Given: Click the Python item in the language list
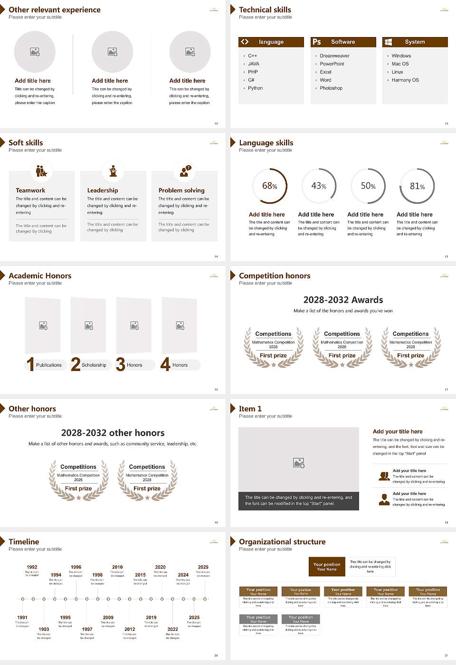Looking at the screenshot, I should (x=255, y=88).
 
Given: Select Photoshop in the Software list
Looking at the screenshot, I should (x=331, y=88).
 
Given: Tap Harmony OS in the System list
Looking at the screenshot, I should (x=405, y=80).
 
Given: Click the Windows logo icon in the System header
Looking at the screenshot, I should (x=388, y=42).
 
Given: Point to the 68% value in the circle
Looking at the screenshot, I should (x=269, y=186).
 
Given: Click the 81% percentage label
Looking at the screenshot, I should (x=417, y=186).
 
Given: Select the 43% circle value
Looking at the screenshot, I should (x=318, y=186).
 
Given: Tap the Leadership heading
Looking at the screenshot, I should (x=103, y=190).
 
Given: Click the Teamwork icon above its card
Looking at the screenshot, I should (x=41, y=171).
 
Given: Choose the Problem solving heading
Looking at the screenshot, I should (x=181, y=190).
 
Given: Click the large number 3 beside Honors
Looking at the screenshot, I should (x=121, y=364).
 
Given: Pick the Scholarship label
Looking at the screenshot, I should (x=94, y=365).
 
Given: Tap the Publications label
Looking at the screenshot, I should (x=49, y=365).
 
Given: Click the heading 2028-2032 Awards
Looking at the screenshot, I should (x=343, y=300).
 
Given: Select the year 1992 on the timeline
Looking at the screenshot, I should (x=32, y=567).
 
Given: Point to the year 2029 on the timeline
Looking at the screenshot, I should (x=203, y=567).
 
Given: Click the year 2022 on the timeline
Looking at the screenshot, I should (x=172, y=629).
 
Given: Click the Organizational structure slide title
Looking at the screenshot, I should (x=282, y=541).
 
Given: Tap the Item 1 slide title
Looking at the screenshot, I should (x=250, y=408).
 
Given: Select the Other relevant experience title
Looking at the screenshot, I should (x=55, y=9).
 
